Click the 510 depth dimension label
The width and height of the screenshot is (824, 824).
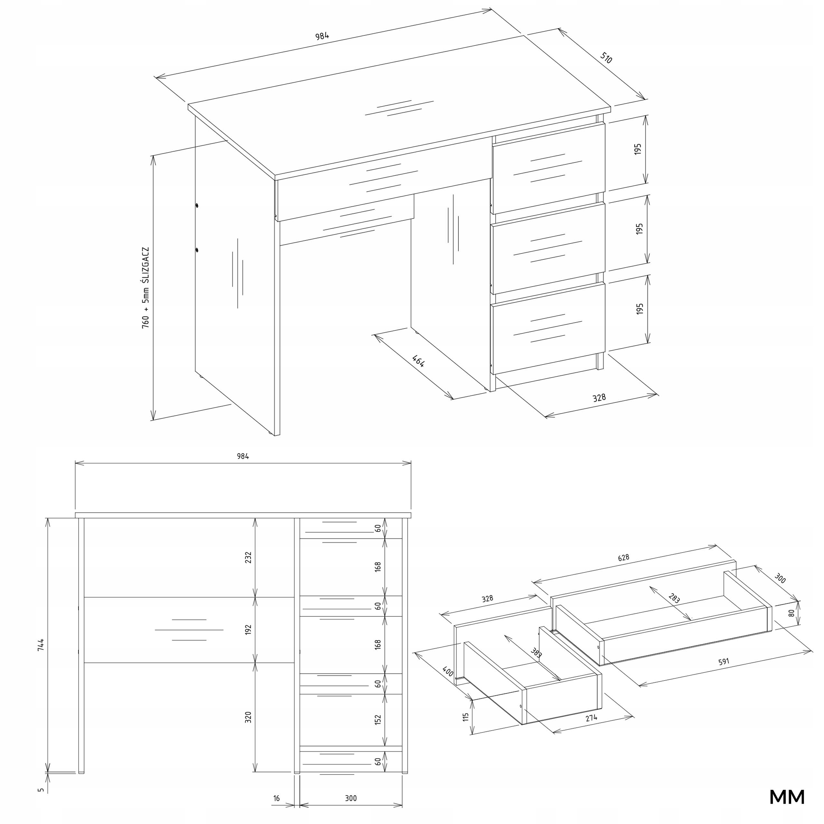click(x=606, y=58)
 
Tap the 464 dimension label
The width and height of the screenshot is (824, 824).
click(x=418, y=361)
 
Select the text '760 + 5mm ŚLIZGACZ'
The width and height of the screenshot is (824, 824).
click(x=146, y=287)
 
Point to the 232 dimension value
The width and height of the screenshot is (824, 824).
click(x=248, y=557)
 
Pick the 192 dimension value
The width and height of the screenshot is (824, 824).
click(x=248, y=630)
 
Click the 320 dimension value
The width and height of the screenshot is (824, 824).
click(x=248, y=717)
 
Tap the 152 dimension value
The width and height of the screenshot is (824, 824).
click(x=378, y=719)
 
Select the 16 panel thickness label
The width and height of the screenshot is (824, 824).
click(x=276, y=798)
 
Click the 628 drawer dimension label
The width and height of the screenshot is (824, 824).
click(x=623, y=558)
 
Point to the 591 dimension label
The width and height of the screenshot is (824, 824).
click(x=724, y=662)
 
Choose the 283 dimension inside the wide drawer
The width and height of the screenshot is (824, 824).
click(x=674, y=598)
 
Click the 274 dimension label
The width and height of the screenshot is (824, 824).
click(x=591, y=718)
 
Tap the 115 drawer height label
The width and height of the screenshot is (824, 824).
click(x=466, y=717)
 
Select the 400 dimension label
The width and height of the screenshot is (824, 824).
click(x=448, y=672)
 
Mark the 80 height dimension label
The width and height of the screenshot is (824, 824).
click(x=791, y=613)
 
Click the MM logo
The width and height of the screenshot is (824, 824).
click(x=787, y=797)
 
